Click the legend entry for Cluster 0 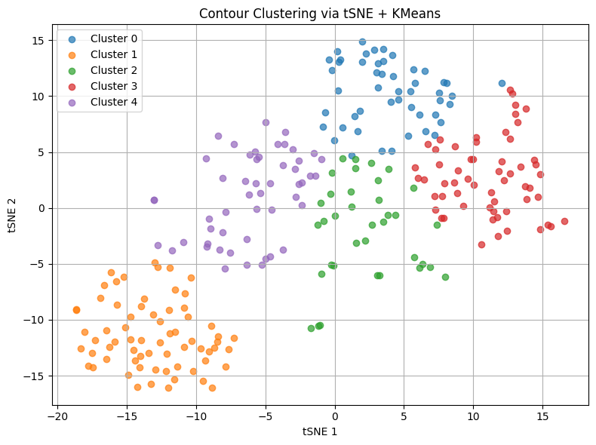tap(114, 38)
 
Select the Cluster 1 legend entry tap(114, 54)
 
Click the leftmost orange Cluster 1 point tap(76, 310)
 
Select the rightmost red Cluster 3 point tap(564, 221)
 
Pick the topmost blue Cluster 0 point tap(362, 42)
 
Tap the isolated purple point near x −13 tap(154, 200)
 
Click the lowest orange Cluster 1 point tap(168, 388)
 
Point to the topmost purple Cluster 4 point tap(266, 122)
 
